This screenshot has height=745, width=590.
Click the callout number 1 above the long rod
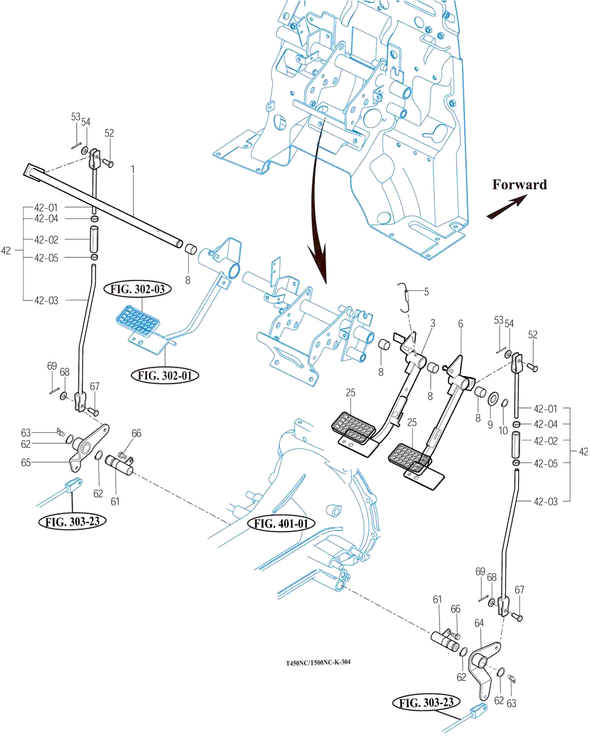[133, 169]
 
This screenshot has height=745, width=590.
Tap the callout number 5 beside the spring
[426, 290]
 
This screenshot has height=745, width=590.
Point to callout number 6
[460, 324]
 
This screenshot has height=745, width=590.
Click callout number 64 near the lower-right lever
[478, 623]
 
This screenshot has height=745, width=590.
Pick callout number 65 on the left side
[26, 463]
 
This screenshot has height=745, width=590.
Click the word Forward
[519, 185]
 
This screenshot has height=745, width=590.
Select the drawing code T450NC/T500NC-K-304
[318, 662]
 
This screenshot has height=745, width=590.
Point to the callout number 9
[490, 424]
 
